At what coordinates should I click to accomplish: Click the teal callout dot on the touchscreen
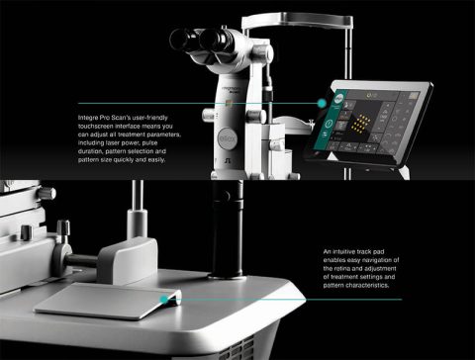point(322,101)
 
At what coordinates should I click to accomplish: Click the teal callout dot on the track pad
point(162,297)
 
